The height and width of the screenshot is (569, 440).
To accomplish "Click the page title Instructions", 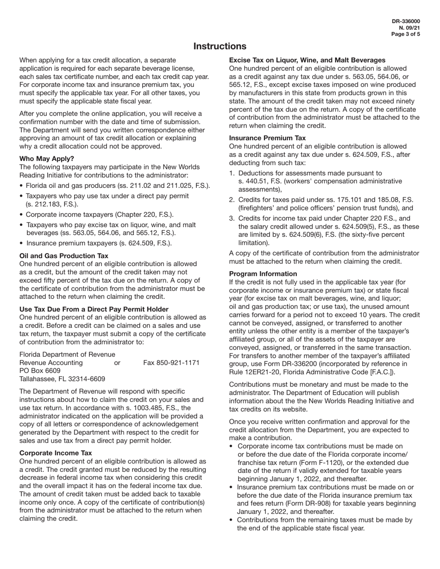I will [x=220, y=46].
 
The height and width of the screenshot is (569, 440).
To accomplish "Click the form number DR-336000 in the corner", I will [x=406, y=21].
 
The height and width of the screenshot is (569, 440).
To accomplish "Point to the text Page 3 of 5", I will [x=406, y=34].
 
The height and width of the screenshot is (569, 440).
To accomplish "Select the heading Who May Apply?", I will [x=47, y=159].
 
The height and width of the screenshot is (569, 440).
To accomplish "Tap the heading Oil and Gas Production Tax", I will [x=64, y=256].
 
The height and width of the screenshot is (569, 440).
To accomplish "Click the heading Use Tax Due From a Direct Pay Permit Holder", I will [x=94, y=309].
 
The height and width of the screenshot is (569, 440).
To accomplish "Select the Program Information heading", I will [x=263, y=274].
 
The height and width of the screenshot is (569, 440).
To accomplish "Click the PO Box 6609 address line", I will [x=40, y=371].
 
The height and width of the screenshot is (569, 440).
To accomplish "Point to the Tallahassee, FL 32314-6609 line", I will [x=62, y=379].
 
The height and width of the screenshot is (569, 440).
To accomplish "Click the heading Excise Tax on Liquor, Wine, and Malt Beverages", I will [x=307, y=60].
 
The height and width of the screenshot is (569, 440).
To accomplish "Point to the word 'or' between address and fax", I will [x=117, y=363].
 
